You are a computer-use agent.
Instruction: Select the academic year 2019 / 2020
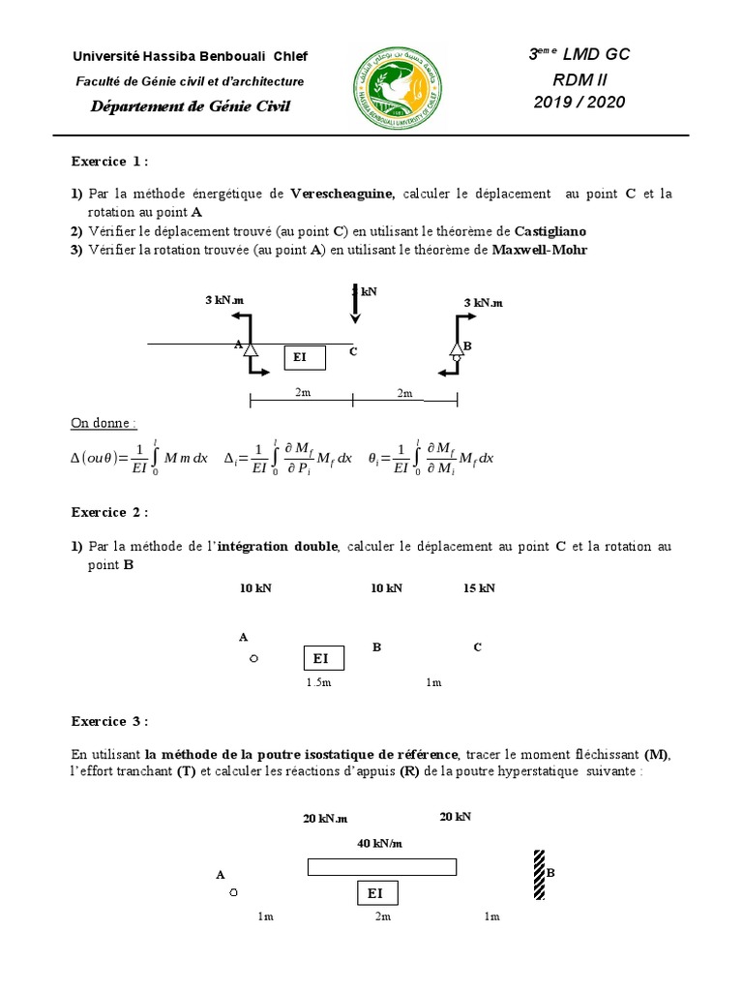[580, 102]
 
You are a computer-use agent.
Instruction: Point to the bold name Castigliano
[550, 231]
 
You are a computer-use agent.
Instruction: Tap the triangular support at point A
[250, 348]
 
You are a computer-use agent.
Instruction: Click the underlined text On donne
[104, 423]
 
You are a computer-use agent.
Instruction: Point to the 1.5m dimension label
[318, 682]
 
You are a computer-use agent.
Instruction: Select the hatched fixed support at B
[538, 874]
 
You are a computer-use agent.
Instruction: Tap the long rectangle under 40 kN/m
[382, 866]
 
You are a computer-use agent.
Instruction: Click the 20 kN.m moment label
[324, 818]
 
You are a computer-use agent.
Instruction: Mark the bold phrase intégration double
[278, 547]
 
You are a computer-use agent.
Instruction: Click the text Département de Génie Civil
[190, 106]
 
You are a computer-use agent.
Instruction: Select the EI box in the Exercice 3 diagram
[377, 892]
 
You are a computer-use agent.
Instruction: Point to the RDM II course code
[579, 78]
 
